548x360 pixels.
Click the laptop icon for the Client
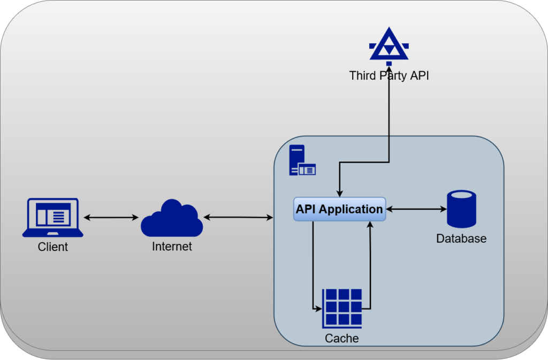[52, 217]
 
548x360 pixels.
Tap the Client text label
[53, 247]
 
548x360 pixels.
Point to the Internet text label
[172, 247]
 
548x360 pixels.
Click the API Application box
[339, 209]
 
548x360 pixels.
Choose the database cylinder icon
[461, 209]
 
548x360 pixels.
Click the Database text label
[461, 239]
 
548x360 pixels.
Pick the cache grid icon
[342, 309]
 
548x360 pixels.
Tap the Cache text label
[341, 339]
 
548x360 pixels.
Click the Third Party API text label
[389, 75]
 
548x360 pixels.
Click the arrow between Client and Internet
[111, 217]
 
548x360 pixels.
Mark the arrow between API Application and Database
[416, 209]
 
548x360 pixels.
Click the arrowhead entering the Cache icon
[318, 309]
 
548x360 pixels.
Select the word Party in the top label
[393, 75]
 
